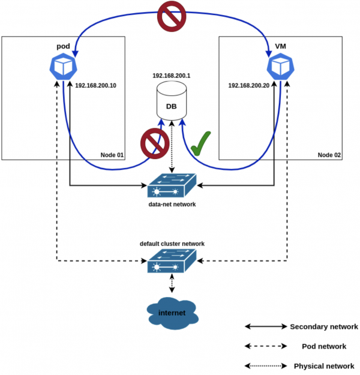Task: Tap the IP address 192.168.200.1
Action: pyautogui.click(x=172, y=76)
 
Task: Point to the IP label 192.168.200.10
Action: pyautogui.click(x=96, y=86)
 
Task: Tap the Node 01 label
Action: pyautogui.click(x=112, y=155)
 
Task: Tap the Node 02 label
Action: pyautogui.click(x=329, y=155)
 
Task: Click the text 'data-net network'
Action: pyautogui.click(x=172, y=205)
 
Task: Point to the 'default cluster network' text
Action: pyautogui.click(x=172, y=244)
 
